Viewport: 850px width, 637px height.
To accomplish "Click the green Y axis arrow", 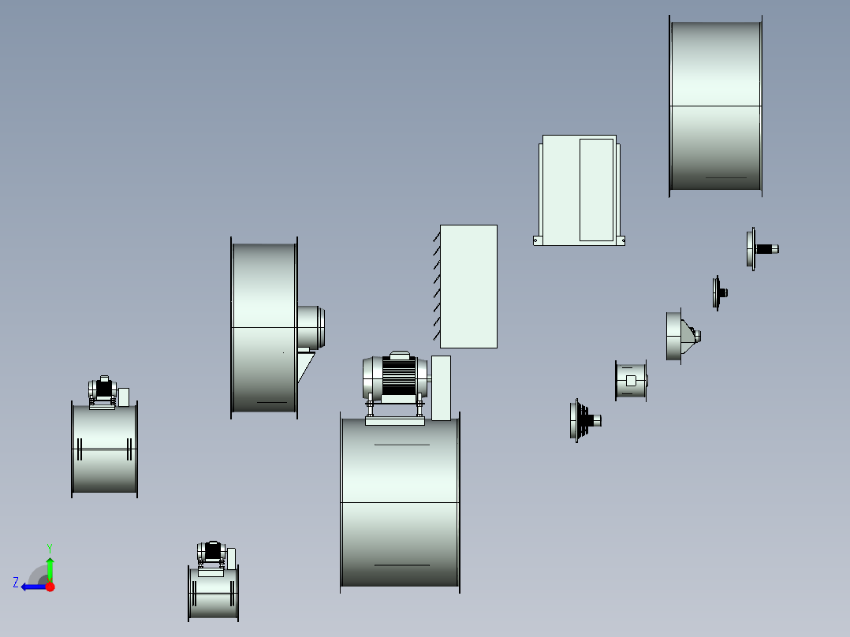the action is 50,569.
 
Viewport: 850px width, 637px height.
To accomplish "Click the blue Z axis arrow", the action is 34,587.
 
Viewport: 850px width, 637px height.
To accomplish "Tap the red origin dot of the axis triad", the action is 50,587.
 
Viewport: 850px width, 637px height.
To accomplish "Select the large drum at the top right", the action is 716,106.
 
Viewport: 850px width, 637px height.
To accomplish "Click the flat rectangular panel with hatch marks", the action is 468,286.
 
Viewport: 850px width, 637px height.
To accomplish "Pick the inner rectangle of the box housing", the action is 596,190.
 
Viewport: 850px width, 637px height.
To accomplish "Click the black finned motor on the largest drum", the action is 399,375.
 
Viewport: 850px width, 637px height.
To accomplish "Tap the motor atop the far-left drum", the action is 103,390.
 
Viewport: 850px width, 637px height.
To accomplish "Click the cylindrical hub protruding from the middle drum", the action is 311,327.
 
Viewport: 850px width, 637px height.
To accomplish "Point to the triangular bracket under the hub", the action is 305,367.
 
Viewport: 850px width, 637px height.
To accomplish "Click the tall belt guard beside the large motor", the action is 441,388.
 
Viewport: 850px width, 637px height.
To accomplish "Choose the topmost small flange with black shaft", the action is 762,249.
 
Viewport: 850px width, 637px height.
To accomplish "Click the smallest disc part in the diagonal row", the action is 719,292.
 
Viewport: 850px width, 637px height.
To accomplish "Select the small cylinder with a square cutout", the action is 631,381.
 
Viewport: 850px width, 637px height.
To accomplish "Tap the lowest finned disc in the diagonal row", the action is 584,420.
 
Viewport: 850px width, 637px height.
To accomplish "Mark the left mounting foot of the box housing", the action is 538,240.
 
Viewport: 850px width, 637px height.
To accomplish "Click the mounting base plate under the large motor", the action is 394,421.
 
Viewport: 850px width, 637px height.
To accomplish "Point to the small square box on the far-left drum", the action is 124,397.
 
